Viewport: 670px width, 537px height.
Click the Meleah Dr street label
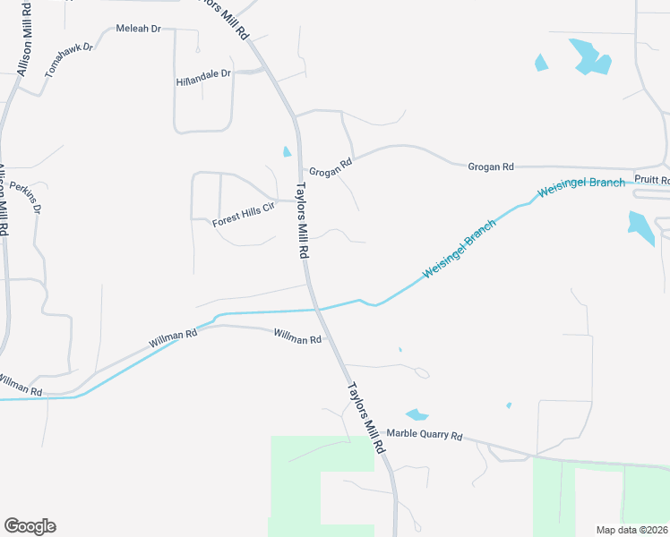pyautogui.click(x=138, y=29)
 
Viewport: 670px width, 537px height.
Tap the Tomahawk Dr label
pyautogui.click(x=69, y=59)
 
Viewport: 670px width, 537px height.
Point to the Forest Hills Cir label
pyautogui.click(x=242, y=216)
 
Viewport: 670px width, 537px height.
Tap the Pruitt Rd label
pyautogui.click(x=652, y=179)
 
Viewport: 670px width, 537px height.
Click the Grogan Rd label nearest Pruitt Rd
pyautogui.click(x=491, y=166)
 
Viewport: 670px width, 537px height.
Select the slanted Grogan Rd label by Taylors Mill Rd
pyautogui.click(x=331, y=166)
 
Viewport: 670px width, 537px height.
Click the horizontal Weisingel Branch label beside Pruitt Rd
pyautogui.click(x=580, y=186)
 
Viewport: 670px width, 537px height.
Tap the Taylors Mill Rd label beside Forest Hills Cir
pyautogui.click(x=303, y=221)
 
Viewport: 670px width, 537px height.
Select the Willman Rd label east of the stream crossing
pyautogui.click(x=296, y=339)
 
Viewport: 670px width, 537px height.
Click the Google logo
pyautogui.click(x=30, y=526)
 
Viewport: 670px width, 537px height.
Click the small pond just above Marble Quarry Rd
pyautogui.click(x=417, y=414)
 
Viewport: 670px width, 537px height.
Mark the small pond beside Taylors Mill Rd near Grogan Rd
pyautogui.click(x=287, y=151)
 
